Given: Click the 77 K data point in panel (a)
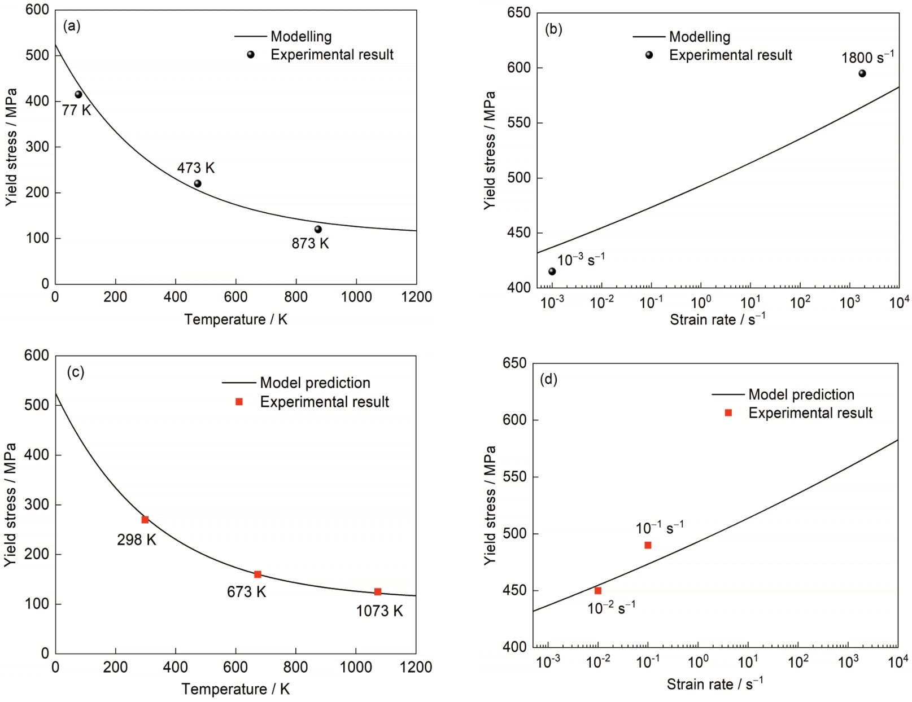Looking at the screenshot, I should [78, 94].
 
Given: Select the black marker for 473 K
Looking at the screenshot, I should [198, 183].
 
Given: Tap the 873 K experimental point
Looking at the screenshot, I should [318, 229].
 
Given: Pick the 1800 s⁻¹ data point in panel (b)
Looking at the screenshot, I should [862, 73].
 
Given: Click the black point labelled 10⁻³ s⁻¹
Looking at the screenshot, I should [552, 271].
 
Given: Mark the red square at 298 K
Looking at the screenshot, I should [145, 520].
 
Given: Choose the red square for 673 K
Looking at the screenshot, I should [258, 574].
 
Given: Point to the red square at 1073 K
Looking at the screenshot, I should [378, 592].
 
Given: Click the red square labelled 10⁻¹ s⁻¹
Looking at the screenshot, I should [648, 545].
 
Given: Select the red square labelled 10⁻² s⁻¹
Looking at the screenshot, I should [598, 591].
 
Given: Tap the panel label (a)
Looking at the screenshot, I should [72, 26].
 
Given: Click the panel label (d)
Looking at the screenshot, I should [549, 379].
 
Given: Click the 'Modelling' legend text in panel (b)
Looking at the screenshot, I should [700, 37].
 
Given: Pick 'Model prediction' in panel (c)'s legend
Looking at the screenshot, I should [315, 383].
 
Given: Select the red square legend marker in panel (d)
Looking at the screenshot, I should [728, 413].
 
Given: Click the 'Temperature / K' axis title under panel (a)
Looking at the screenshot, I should [235, 319].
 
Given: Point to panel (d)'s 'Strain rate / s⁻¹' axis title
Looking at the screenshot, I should [715, 684].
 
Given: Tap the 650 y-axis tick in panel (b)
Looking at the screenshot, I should [519, 13].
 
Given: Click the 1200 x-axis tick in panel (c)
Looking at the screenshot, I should [416, 668].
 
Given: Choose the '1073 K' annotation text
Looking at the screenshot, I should [379, 611].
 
